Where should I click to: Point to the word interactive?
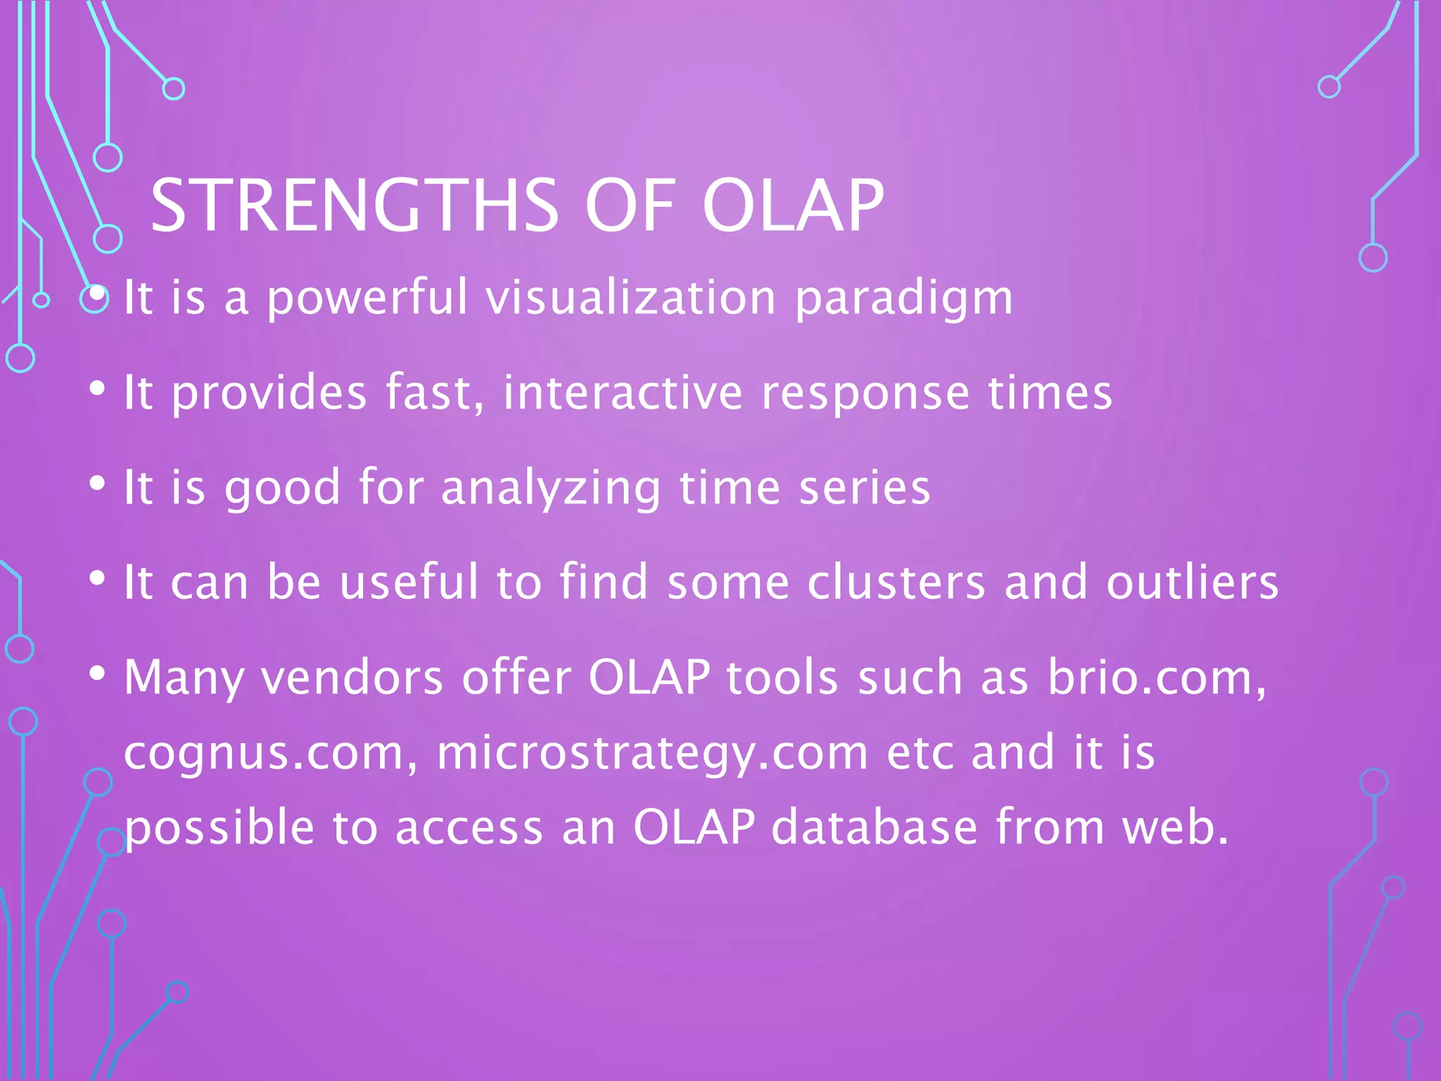point(623,392)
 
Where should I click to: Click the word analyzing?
point(551,488)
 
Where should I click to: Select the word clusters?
point(896,582)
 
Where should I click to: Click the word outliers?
point(1193,582)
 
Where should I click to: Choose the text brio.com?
point(1157,677)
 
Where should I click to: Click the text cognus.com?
point(272,754)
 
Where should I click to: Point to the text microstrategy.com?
point(653,754)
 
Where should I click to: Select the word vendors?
point(353,677)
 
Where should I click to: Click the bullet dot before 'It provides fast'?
point(98,388)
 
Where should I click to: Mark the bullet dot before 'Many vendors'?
point(98,674)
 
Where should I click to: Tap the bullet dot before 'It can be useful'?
point(98,579)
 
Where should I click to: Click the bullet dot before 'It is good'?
point(98,483)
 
